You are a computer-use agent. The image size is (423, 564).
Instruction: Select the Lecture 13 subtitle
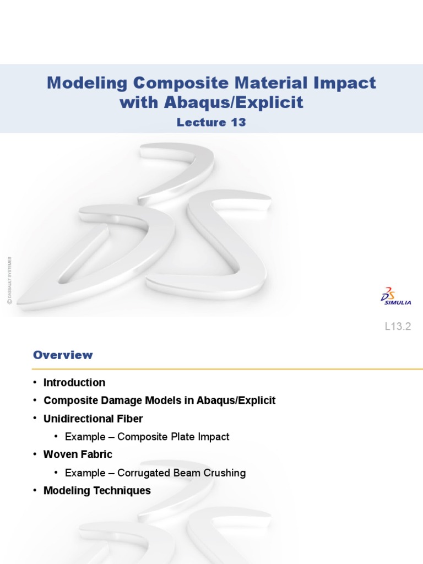tap(211, 122)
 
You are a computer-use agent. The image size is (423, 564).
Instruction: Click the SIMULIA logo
tap(395, 296)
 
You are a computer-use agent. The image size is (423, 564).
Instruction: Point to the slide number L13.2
tap(398, 327)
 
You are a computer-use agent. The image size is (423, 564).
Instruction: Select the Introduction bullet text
tap(74, 382)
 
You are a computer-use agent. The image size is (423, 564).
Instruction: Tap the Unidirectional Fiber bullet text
tap(93, 419)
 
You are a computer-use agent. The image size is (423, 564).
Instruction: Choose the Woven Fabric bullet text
tap(78, 454)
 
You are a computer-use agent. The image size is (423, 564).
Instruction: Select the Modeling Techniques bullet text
tap(97, 490)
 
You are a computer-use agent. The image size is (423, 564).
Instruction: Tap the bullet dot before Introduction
tap(35, 382)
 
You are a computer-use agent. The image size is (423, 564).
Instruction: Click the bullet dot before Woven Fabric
tap(35, 454)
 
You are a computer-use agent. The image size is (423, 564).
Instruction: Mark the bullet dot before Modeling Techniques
tap(35, 490)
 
